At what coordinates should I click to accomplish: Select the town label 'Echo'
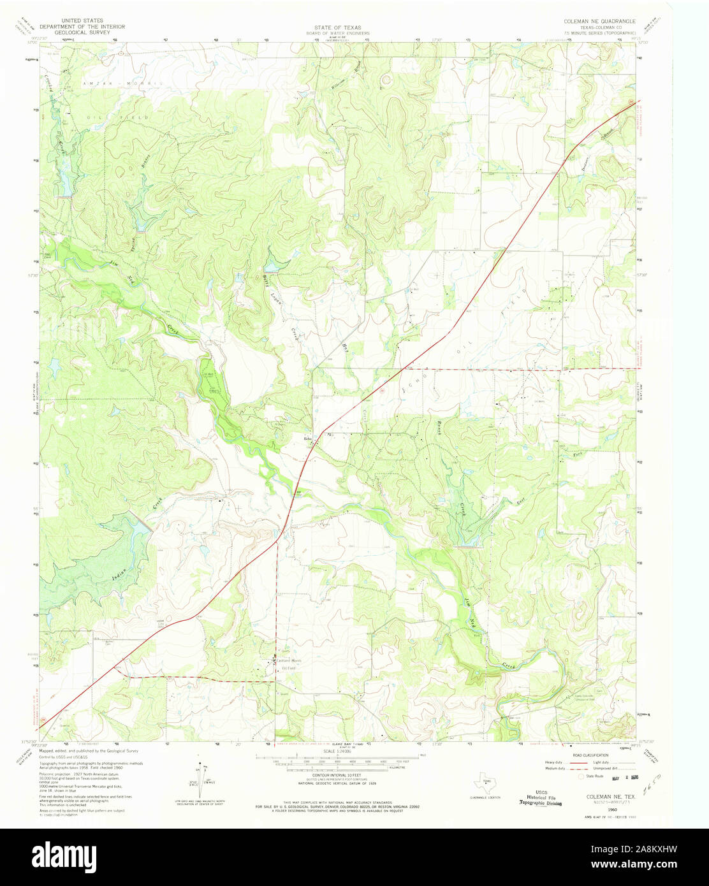point(307,439)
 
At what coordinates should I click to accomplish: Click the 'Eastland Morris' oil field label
point(288,660)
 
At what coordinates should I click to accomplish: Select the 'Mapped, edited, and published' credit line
point(89,752)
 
